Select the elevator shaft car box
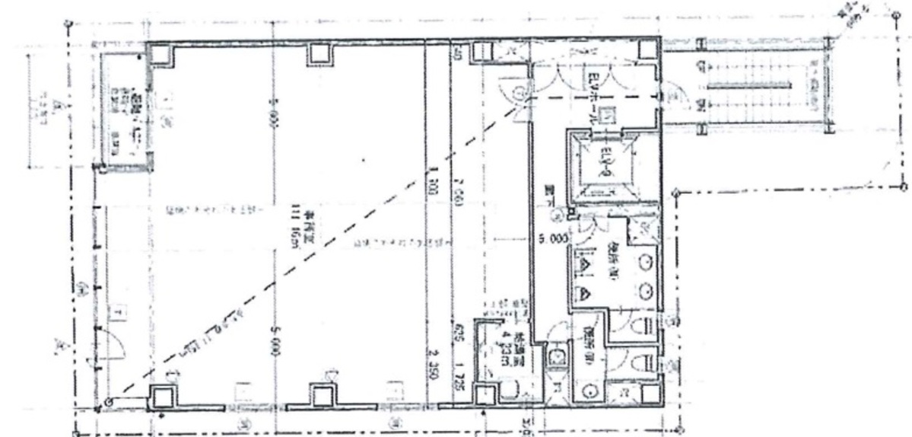605,162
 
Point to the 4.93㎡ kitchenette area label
504,350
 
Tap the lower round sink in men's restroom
647,290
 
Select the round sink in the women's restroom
591,391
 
